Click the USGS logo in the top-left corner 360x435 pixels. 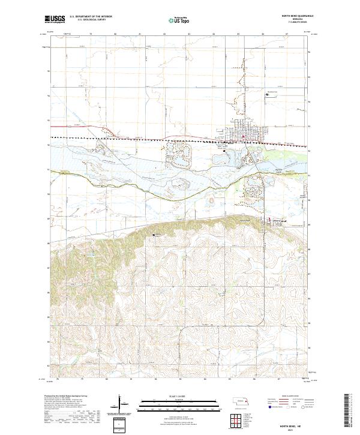pos(55,20)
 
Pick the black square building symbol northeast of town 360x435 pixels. pos(268,93)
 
